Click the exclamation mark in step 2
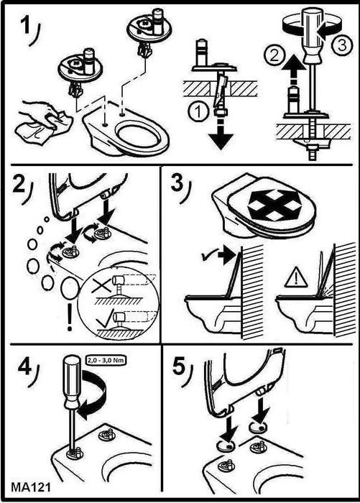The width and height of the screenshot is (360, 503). [70, 317]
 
